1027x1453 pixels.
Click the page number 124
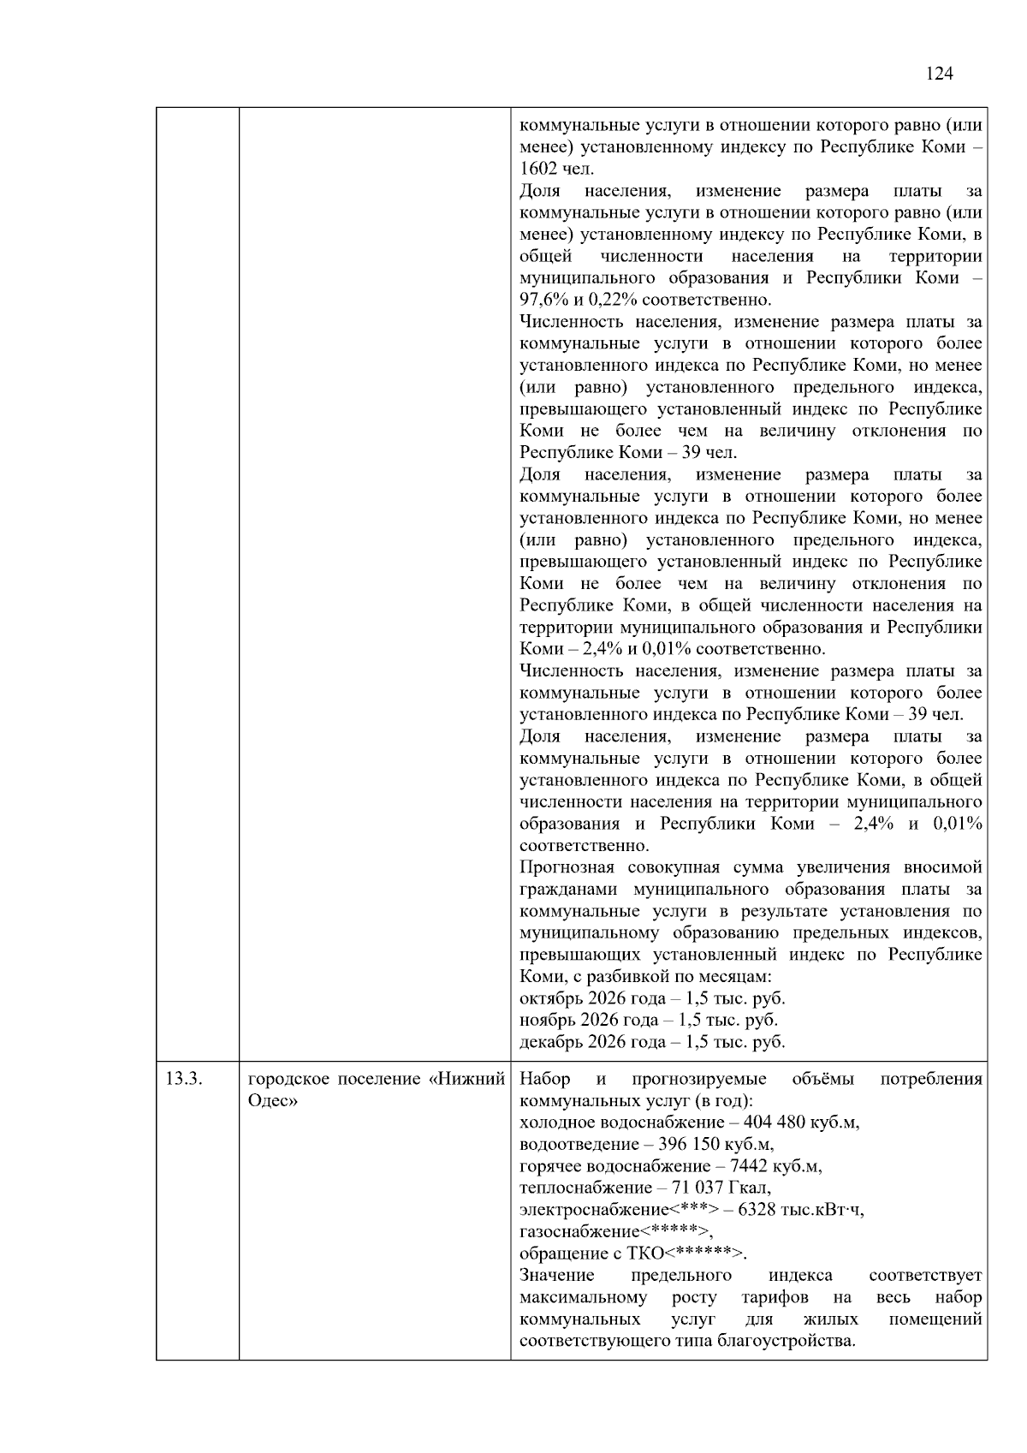coord(939,74)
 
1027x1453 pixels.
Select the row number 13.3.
coord(183,1079)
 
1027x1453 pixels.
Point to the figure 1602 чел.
coord(556,170)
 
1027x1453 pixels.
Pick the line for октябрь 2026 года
coord(652,999)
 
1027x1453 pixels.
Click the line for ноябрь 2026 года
coord(649,1021)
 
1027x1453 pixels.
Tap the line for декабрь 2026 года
coord(652,1043)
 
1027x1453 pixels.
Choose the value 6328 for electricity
coord(757,1210)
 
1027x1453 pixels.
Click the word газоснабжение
coord(579,1232)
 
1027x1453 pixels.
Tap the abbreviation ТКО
coord(645,1254)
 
